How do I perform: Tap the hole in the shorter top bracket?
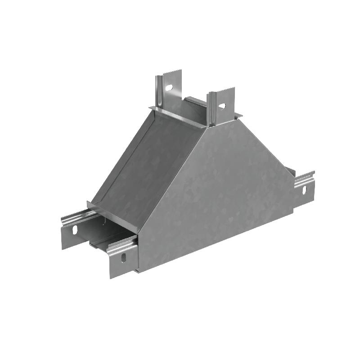[x=222, y=106]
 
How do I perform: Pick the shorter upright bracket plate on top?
[x=224, y=104]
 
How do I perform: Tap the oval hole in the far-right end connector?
[x=304, y=190]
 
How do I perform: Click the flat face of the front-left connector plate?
[x=72, y=234]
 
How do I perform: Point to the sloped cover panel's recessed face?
[x=148, y=166]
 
